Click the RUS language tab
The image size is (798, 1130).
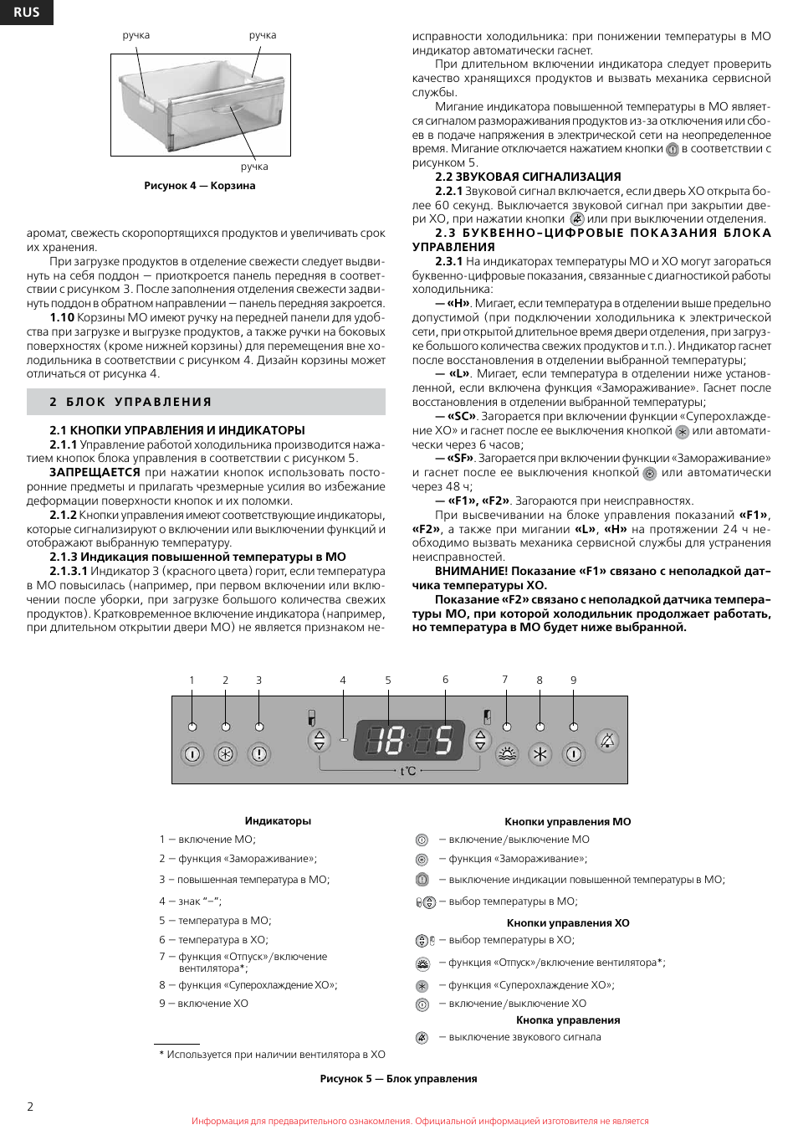[x=26, y=12]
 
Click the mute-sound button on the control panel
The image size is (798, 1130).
[x=607, y=740]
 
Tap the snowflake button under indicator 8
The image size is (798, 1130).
[x=540, y=754]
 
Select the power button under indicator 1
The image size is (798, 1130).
[x=192, y=754]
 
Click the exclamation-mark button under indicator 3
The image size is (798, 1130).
[x=259, y=754]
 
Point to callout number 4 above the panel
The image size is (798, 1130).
[x=343, y=681]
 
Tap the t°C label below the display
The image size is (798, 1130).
[x=408, y=771]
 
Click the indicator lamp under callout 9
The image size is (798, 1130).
[x=573, y=727]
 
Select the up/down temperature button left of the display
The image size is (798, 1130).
[x=319, y=740]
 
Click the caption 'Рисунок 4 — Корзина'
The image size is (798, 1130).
[x=199, y=186]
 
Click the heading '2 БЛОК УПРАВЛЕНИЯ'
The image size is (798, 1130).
[x=130, y=402]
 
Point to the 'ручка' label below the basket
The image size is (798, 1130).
[x=254, y=167]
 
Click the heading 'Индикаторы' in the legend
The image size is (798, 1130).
[x=278, y=821]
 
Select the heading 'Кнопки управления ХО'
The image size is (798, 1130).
[x=568, y=923]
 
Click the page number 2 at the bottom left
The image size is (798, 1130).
[x=30, y=1107]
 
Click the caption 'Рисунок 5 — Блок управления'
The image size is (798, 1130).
[x=398, y=1079]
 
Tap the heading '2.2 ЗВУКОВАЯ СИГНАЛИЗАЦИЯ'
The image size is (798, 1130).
[x=528, y=177]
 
